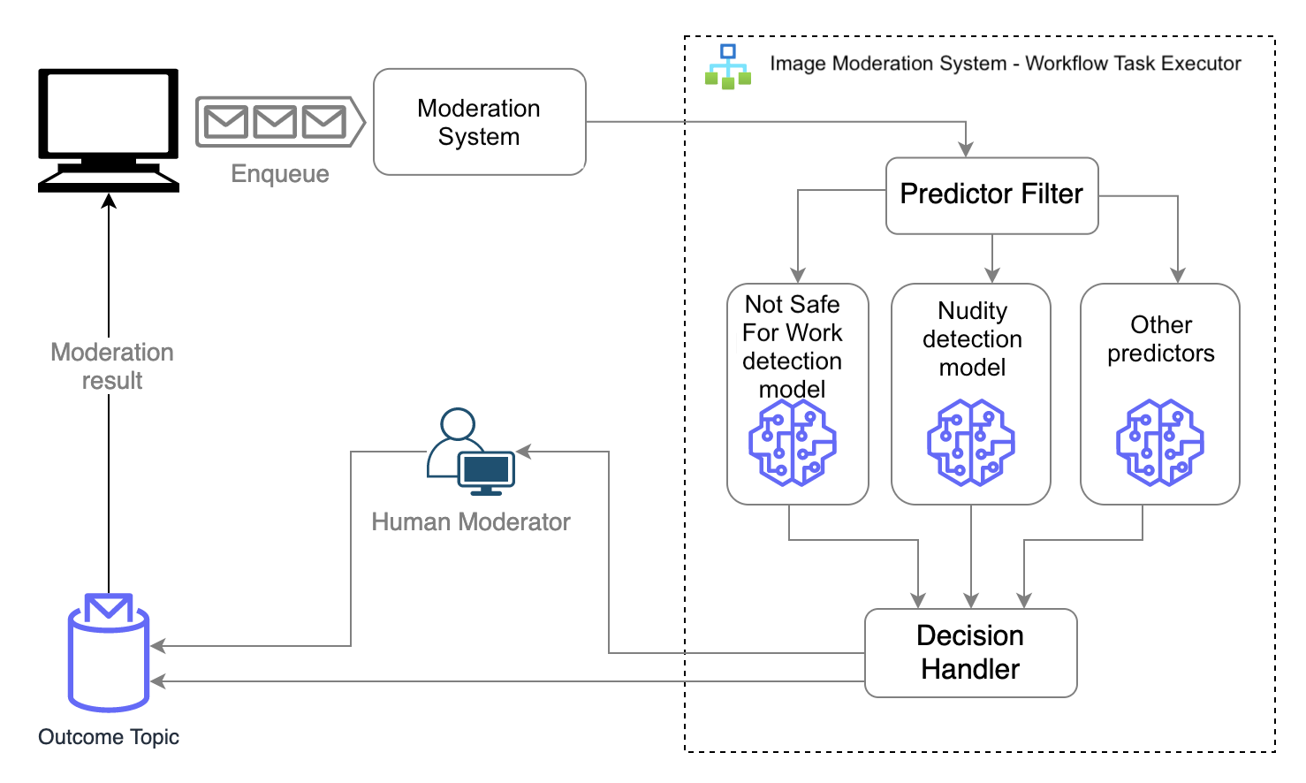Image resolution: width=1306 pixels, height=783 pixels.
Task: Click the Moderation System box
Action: (x=479, y=122)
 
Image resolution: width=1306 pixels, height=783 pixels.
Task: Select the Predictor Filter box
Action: (x=991, y=195)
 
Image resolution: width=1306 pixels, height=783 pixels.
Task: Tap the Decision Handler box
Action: (x=971, y=652)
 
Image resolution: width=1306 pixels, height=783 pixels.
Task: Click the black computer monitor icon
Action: (x=109, y=131)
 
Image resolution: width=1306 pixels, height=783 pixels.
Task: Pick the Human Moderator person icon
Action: (x=471, y=452)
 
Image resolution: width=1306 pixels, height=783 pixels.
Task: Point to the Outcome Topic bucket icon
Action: (x=109, y=652)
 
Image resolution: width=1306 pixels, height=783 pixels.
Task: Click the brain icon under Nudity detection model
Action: (x=971, y=443)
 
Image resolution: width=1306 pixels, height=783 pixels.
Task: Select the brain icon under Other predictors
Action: (x=1159, y=443)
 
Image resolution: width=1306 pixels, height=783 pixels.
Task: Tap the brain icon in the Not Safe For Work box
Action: (x=793, y=443)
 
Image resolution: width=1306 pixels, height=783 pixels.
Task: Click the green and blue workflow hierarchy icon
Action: (x=727, y=66)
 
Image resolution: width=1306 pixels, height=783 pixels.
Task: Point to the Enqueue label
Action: (x=280, y=174)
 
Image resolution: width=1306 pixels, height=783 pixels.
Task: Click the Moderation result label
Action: (x=112, y=366)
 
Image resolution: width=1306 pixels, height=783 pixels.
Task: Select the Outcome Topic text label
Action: (x=109, y=737)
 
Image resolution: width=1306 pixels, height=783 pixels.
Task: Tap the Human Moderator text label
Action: (x=470, y=521)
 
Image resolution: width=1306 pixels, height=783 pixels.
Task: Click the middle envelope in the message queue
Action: (x=275, y=122)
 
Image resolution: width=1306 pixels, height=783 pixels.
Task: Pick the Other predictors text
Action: (x=1161, y=338)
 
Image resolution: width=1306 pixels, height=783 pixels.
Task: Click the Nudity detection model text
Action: (x=972, y=338)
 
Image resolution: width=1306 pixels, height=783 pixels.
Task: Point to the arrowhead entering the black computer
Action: (x=109, y=201)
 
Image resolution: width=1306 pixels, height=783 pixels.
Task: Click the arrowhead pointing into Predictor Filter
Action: (x=966, y=149)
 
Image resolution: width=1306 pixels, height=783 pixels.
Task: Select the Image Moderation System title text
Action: (x=1006, y=63)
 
